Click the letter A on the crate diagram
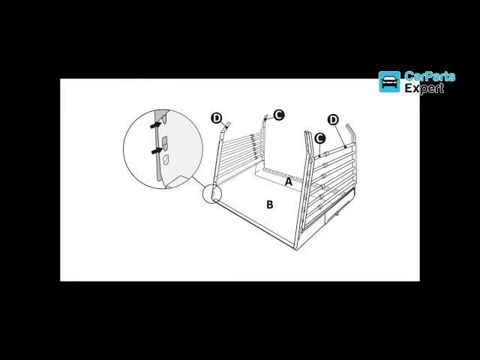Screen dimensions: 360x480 coord(289,181)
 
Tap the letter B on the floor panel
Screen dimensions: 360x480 coord(270,204)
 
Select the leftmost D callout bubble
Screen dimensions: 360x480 coord(217,118)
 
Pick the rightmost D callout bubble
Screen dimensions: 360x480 coord(333,119)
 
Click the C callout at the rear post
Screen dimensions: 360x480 coord(279,115)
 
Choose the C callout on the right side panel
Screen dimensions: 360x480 coord(319,138)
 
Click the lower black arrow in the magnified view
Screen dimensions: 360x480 coord(155,151)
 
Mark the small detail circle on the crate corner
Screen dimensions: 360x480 coord(212,193)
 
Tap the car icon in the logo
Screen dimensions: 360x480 coord(389,82)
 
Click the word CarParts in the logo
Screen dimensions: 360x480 coord(429,76)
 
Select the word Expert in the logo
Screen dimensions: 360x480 coord(424,88)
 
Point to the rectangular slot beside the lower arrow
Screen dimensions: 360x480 coord(165,142)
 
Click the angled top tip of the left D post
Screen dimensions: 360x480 coord(229,124)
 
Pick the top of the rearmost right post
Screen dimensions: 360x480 coord(349,127)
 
